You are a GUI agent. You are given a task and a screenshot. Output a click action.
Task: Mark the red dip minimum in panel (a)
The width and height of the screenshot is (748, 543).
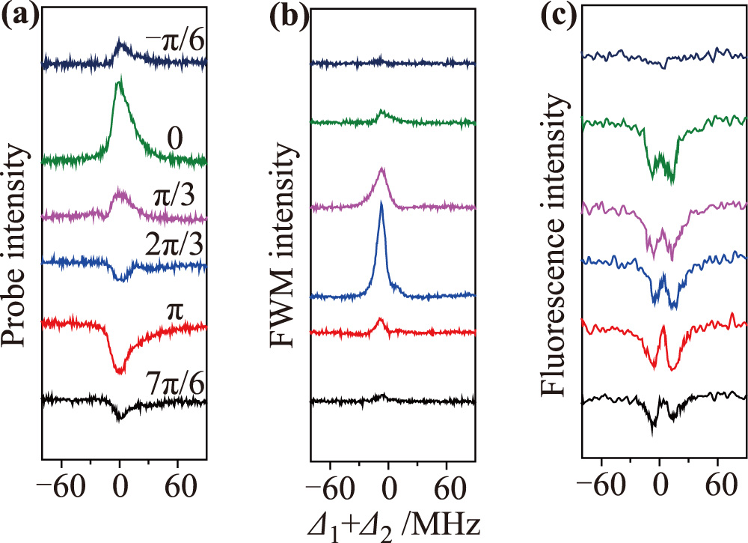(120, 371)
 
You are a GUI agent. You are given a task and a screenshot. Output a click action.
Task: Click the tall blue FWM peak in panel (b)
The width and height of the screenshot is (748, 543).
(381, 205)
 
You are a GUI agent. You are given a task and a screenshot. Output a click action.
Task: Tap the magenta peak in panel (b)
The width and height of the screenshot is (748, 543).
(383, 170)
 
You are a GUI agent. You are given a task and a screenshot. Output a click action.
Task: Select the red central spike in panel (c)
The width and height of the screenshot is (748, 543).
(663, 327)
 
